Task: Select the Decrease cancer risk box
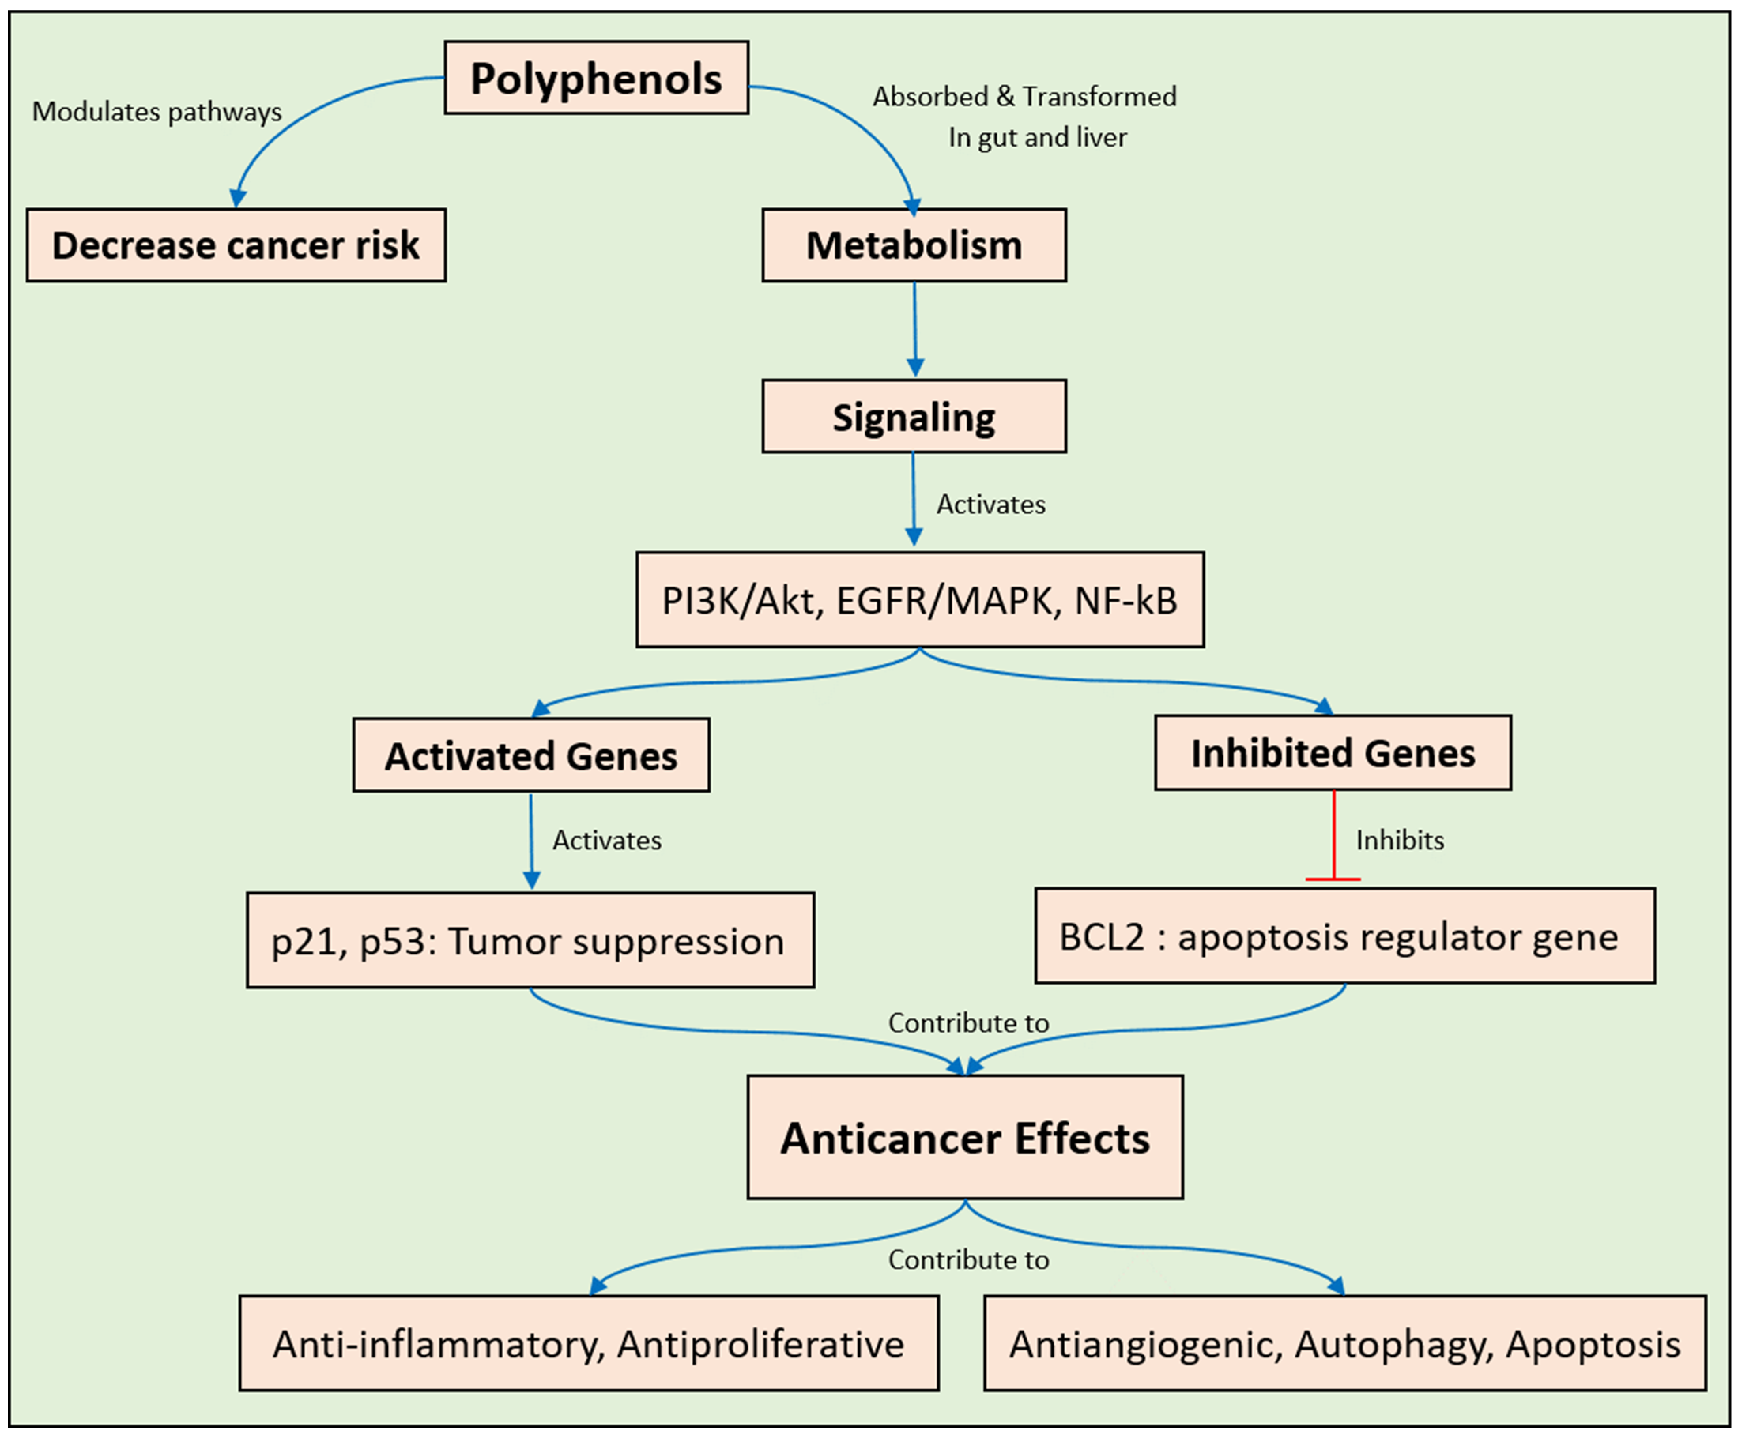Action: [x=236, y=245]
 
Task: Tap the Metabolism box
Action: [x=914, y=245]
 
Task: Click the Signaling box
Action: [x=914, y=417]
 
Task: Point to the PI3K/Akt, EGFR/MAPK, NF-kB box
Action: [x=920, y=600]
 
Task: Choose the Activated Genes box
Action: [x=531, y=755]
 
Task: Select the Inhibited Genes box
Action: [x=1332, y=753]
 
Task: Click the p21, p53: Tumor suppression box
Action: [x=530, y=940]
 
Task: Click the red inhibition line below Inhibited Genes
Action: [x=1333, y=836]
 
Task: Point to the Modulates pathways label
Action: [x=156, y=112]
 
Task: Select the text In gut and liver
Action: [x=1037, y=137]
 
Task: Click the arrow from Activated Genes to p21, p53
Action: [x=531, y=841]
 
